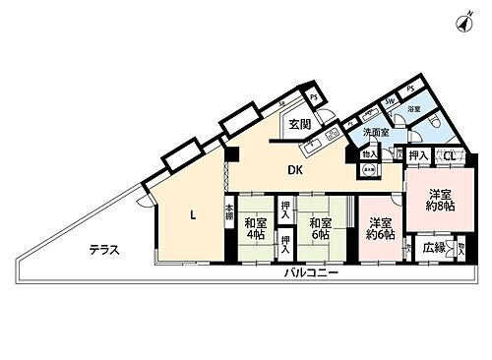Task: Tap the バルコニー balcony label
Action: click(x=313, y=272)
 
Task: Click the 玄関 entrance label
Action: click(x=300, y=124)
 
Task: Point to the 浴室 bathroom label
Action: click(x=415, y=109)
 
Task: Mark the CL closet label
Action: click(x=448, y=156)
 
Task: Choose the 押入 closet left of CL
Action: click(x=416, y=156)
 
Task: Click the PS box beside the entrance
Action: click(x=313, y=97)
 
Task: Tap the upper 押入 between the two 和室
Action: click(x=284, y=208)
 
